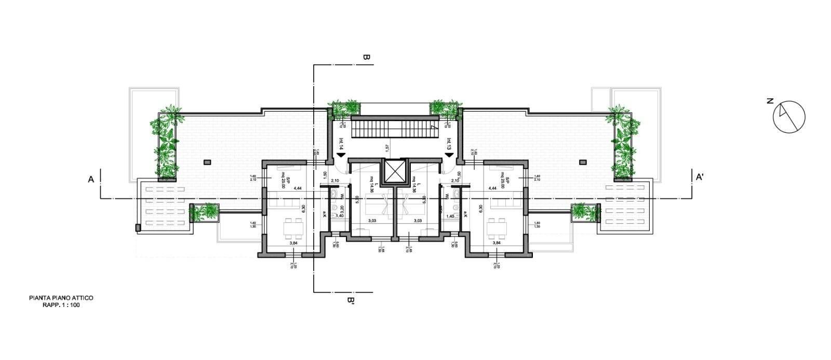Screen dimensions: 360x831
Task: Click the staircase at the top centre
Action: [393, 127]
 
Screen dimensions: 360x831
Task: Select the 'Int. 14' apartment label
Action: [341, 143]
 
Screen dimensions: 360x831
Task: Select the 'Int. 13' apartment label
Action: [448, 143]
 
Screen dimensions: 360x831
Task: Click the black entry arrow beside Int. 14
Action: [341, 154]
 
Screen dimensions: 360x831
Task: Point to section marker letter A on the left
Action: [90, 179]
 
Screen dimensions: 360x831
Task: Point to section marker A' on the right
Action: [700, 178]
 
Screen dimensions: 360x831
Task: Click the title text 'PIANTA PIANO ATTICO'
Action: [61, 298]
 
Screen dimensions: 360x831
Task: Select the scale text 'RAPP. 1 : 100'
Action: [61, 305]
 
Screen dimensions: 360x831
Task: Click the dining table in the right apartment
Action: [497, 226]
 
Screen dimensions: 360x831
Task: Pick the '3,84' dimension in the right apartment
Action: [496, 243]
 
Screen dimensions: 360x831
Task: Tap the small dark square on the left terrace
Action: [208, 162]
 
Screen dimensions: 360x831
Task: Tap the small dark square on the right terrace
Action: [581, 162]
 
